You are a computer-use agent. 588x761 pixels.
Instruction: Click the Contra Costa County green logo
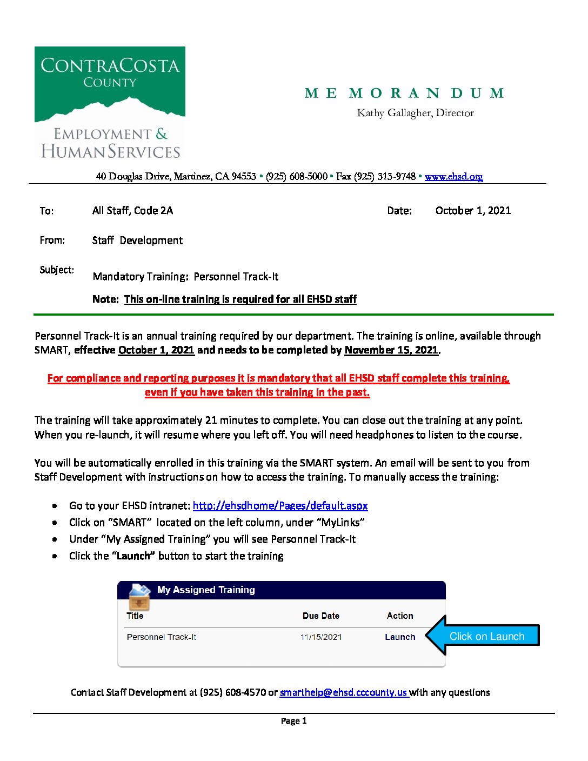click(x=110, y=103)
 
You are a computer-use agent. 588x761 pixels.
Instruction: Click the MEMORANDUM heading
click(x=404, y=94)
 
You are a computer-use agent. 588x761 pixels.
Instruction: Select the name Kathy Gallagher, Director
click(x=415, y=113)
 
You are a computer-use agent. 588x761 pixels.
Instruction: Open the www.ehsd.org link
click(x=453, y=177)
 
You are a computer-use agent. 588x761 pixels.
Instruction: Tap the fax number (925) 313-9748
click(x=385, y=177)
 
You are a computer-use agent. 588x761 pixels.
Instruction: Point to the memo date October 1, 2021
click(x=473, y=211)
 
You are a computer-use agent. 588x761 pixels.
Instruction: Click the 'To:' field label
click(x=46, y=211)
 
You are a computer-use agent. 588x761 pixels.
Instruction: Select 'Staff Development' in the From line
click(x=137, y=241)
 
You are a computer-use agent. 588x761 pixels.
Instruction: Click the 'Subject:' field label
click(x=57, y=270)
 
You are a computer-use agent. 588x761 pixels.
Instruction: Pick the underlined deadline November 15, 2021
click(x=391, y=350)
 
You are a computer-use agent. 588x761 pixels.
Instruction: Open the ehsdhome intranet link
click(x=280, y=506)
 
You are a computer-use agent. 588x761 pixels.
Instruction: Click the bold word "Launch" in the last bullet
click(x=133, y=556)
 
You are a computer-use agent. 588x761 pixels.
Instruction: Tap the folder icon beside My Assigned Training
click(x=139, y=596)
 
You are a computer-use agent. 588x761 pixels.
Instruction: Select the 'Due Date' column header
click(x=320, y=616)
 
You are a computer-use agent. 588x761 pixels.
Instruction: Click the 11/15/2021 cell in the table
click(x=321, y=637)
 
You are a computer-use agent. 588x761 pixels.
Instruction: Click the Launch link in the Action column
click(x=400, y=637)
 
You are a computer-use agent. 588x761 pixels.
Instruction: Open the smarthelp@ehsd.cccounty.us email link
click(x=343, y=693)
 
